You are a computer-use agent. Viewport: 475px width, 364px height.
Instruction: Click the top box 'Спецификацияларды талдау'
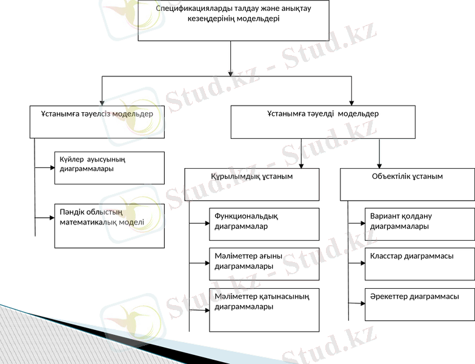pos(233,20)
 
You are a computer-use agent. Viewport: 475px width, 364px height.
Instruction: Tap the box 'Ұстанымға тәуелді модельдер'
pos(323,121)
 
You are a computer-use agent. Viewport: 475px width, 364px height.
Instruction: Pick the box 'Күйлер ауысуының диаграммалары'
pos(109,167)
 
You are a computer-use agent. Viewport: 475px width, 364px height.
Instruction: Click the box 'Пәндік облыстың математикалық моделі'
pos(109,225)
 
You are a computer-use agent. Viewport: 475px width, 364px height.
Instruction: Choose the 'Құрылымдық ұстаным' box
pos(252,184)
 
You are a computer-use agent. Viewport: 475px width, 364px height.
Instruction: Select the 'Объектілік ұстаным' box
pos(407,184)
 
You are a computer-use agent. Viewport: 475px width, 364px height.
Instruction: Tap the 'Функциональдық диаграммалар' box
pos(264,224)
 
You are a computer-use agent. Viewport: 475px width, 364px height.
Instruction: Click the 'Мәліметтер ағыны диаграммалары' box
pos(264,263)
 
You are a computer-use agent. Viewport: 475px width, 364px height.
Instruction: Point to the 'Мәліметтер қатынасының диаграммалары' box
pos(264,309)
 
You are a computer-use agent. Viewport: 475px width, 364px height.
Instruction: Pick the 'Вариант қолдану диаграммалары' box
pos(419,224)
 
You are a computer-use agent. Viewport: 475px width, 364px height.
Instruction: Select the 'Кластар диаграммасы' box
pos(419,263)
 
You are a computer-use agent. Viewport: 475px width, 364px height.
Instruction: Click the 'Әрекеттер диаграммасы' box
pos(419,304)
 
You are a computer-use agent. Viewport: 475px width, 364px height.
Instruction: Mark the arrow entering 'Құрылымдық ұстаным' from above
pos(302,164)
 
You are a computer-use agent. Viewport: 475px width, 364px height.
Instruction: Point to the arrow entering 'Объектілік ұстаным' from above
pos(379,164)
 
